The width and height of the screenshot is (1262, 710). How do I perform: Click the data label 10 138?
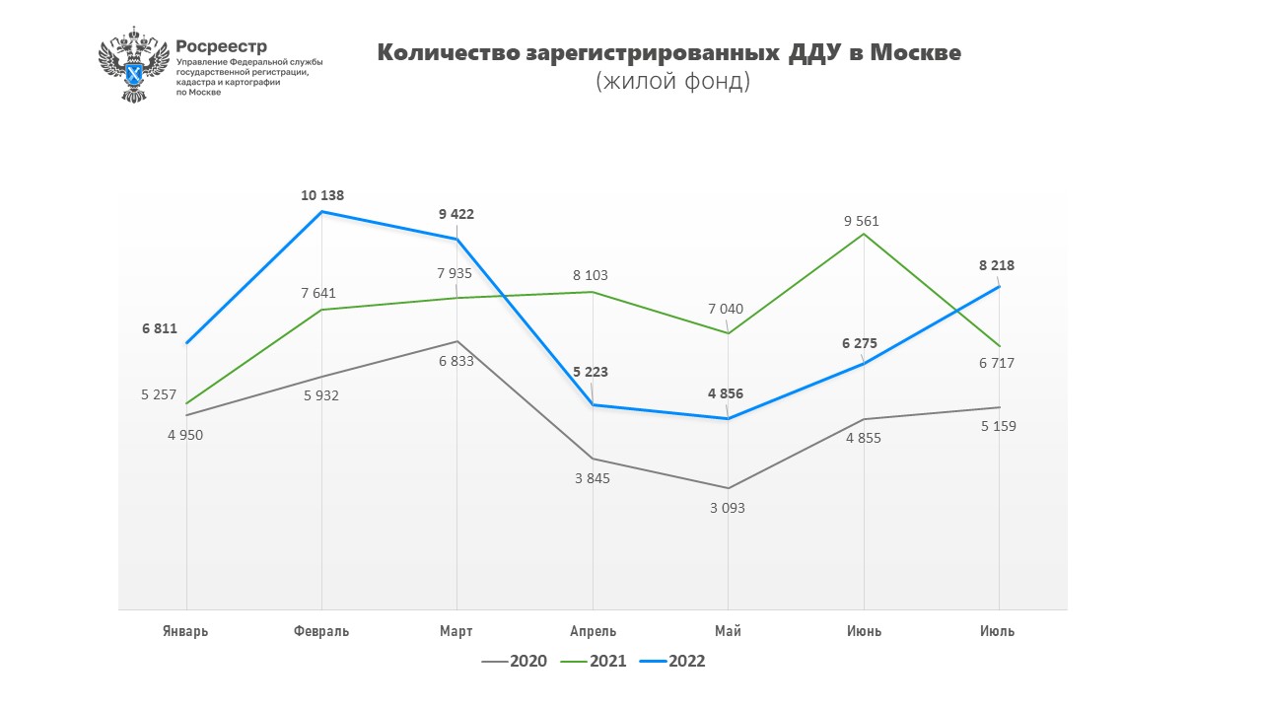322,195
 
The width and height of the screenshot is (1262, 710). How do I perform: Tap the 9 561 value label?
861,221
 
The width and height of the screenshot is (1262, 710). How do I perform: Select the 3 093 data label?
728,508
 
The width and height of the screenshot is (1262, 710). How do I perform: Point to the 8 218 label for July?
997,265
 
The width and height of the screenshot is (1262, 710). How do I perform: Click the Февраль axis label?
321,631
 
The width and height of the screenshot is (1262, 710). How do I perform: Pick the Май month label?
728,631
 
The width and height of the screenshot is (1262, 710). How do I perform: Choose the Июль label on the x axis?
997,631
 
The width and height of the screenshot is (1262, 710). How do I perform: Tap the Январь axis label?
185,631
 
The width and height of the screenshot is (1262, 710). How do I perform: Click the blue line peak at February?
321,212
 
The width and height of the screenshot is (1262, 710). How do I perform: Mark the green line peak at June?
864,234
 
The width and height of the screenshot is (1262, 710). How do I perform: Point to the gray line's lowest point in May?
728,488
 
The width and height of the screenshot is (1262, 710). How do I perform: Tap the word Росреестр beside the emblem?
221,46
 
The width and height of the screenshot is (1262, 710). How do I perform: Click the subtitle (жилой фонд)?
672,82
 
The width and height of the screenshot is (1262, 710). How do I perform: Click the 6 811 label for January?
159,327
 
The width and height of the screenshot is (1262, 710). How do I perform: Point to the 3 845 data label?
592,478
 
